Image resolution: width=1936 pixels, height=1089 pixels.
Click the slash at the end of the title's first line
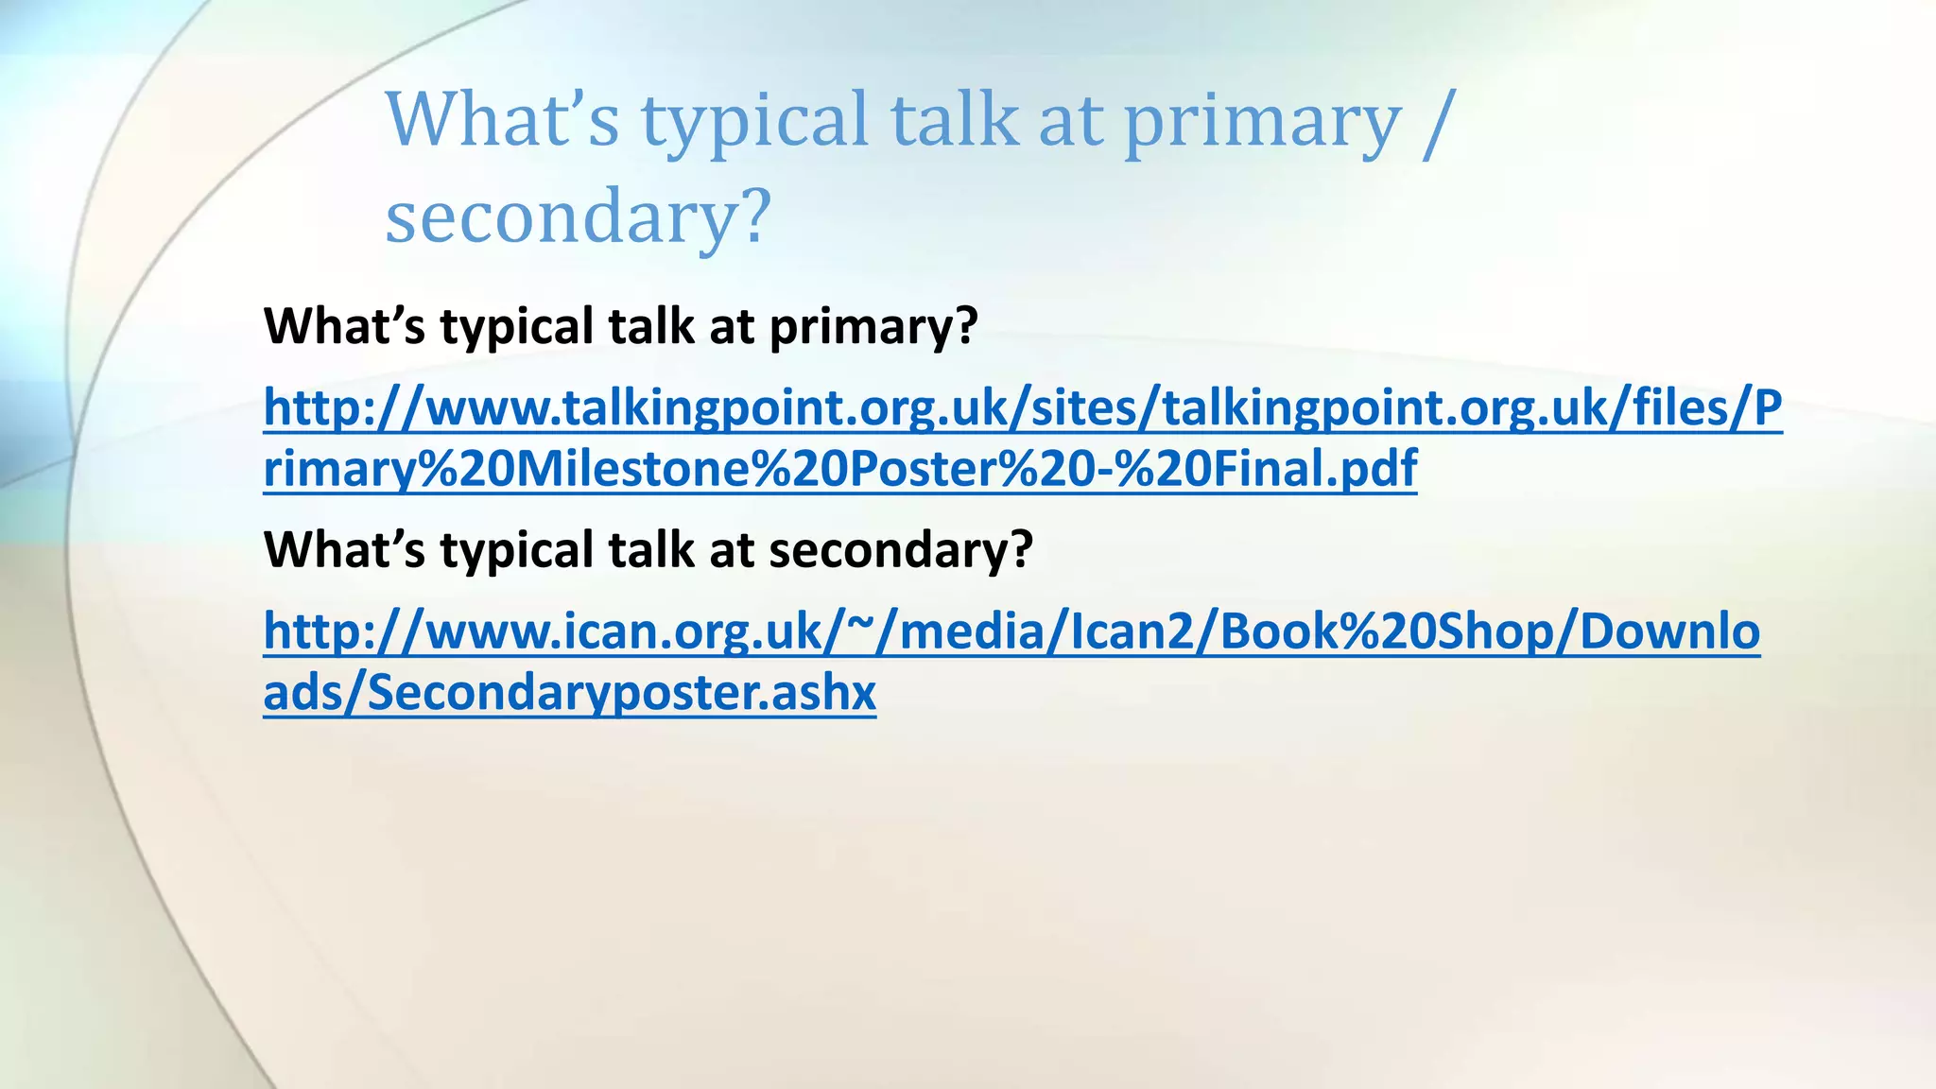coord(1434,121)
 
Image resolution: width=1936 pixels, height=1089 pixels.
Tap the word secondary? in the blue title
coord(578,216)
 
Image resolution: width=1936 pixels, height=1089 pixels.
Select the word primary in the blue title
coord(1262,121)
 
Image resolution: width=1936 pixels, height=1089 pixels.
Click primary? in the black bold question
coord(873,326)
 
